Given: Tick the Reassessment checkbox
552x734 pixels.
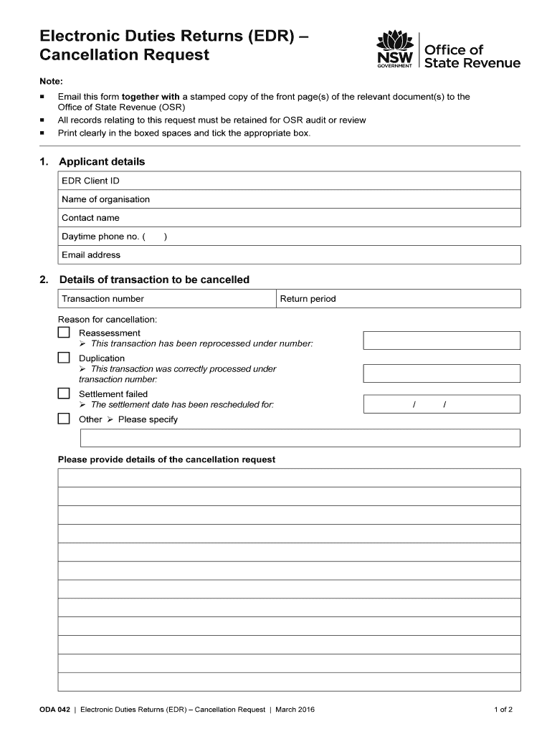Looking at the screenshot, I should [64, 333].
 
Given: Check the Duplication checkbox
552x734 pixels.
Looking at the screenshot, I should [64, 358].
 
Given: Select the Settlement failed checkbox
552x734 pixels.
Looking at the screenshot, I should [64, 394].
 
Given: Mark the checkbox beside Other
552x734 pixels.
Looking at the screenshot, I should [64, 419].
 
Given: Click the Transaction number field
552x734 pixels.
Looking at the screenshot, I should [208, 299].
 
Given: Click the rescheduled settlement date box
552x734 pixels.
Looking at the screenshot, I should [442, 405].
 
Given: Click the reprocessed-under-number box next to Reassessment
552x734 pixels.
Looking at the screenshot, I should [442, 340].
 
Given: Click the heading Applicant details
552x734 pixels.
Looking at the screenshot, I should [102, 162].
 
